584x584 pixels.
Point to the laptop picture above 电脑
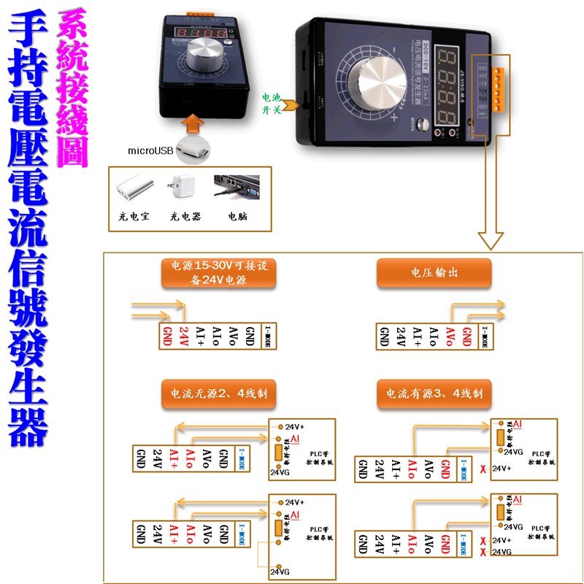[x=237, y=188]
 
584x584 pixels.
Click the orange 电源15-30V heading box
[x=219, y=273]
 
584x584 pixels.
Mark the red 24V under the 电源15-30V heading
[x=183, y=336]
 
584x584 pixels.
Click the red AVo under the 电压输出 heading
[x=450, y=336]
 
